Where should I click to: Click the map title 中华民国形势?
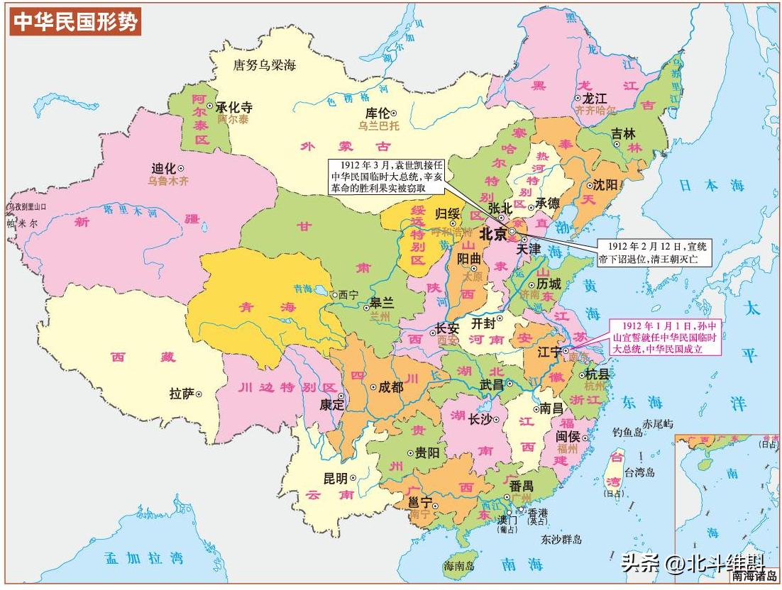tap(75, 23)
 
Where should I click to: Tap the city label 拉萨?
tap(182, 394)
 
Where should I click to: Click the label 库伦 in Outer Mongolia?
tap(378, 113)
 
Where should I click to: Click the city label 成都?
tap(391, 387)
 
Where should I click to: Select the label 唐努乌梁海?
tap(265, 65)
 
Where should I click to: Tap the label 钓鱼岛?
tap(627, 432)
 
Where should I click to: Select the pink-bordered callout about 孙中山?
tap(666, 337)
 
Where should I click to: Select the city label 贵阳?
tap(427, 452)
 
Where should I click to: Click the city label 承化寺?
tap(234, 107)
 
